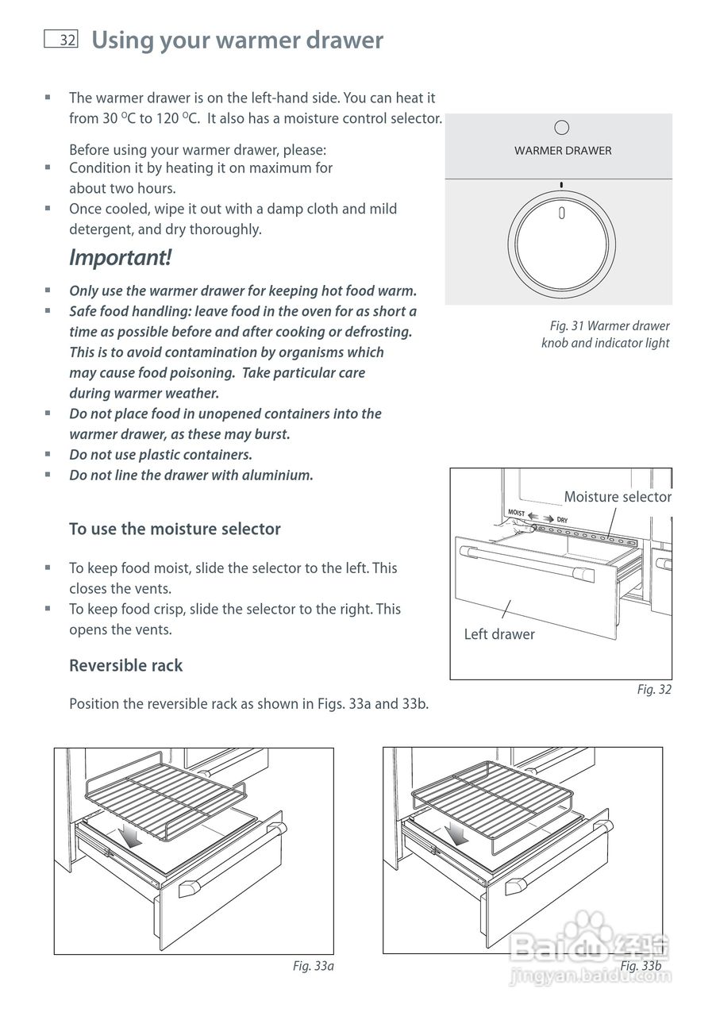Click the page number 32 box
click(61, 39)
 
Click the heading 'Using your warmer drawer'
click(237, 40)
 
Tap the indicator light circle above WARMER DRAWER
click(562, 128)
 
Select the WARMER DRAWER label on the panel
click(563, 151)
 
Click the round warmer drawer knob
click(562, 245)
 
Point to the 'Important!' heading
click(120, 258)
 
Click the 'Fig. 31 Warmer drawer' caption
click(610, 325)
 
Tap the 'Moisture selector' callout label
click(618, 497)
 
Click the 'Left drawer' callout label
click(499, 634)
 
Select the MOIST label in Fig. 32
click(516, 513)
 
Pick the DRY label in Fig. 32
click(562, 520)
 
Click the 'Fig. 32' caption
click(654, 690)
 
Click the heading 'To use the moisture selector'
click(175, 529)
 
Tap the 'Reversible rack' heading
click(125, 665)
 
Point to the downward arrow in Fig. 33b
click(457, 833)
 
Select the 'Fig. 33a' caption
click(313, 966)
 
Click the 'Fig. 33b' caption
click(641, 966)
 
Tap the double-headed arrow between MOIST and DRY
click(541, 518)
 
